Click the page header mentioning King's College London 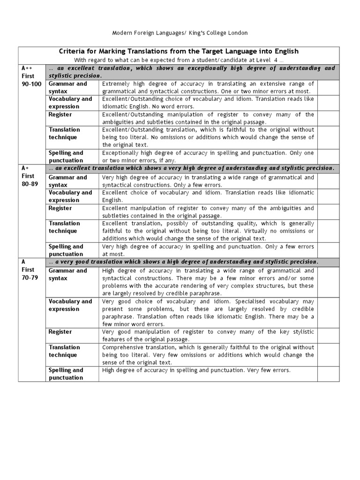(180, 33)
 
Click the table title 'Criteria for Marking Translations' (179, 51)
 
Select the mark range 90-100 (31, 83)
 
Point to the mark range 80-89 (30, 184)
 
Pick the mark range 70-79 (30, 277)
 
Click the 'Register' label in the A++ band (60, 114)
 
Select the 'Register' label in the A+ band (60, 208)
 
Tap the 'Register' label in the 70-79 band (60, 332)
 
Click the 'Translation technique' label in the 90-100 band (64, 134)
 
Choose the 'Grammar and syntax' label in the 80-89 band (68, 181)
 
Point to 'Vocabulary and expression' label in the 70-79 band (70, 305)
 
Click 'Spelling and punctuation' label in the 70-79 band (66, 374)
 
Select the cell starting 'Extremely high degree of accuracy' (208, 87)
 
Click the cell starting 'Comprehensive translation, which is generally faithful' (208, 355)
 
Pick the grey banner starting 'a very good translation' (191, 262)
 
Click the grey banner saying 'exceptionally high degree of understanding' (191, 72)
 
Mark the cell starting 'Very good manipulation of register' (208, 335)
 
